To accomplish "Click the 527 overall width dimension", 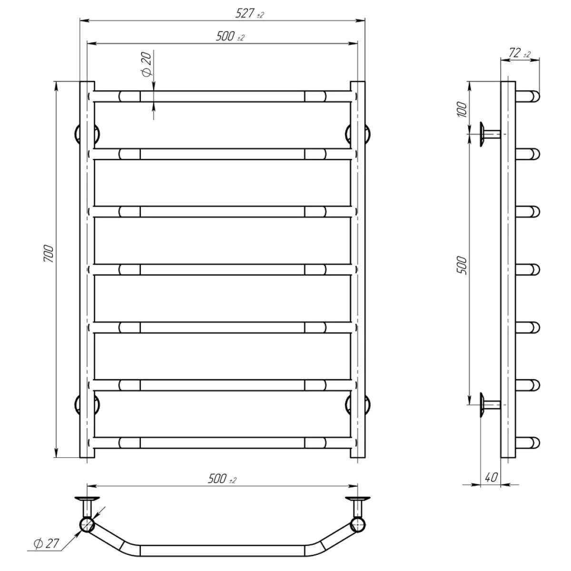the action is coord(249,13).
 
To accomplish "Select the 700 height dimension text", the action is coord(49,254).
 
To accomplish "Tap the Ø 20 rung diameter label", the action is coord(147,64).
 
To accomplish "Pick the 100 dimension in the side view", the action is coord(462,109).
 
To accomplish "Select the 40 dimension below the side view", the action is coord(491,485).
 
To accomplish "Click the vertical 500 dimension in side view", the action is coord(462,266).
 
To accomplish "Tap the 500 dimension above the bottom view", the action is coord(222,479).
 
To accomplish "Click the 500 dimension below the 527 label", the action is coord(230,37).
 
